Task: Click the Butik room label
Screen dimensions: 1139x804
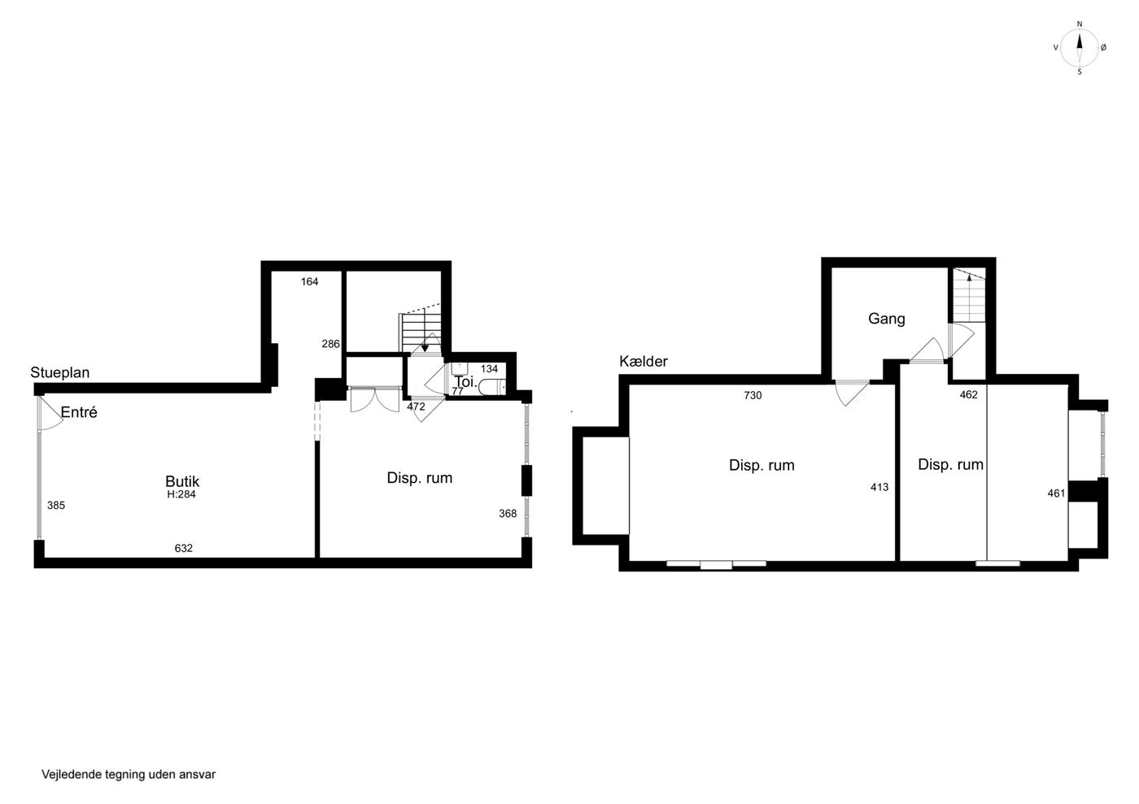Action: point(182,481)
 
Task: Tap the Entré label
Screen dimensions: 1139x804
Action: point(79,412)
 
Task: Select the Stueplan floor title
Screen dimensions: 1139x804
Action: point(60,372)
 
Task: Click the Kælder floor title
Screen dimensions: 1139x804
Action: point(644,361)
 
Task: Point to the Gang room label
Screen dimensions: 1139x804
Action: point(886,319)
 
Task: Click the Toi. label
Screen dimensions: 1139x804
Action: point(465,381)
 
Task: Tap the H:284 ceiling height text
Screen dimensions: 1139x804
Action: point(181,494)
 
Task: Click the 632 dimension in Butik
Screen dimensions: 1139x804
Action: point(184,548)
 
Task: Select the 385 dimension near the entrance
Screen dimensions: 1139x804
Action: point(56,505)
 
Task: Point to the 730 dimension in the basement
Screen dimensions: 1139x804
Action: point(753,395)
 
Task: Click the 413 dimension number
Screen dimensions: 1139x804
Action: point(879,487)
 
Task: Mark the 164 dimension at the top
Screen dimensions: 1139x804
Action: point(309,281)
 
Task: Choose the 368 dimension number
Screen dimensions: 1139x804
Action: point(508,513)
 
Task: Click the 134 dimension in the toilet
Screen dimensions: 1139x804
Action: point(489,368)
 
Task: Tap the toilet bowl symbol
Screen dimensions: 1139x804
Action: point(491,387)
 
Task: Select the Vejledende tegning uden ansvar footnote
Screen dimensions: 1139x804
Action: point(129,775)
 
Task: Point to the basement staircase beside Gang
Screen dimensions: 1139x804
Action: point(969,295)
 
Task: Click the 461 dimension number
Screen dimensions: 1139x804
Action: point(1056,493)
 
